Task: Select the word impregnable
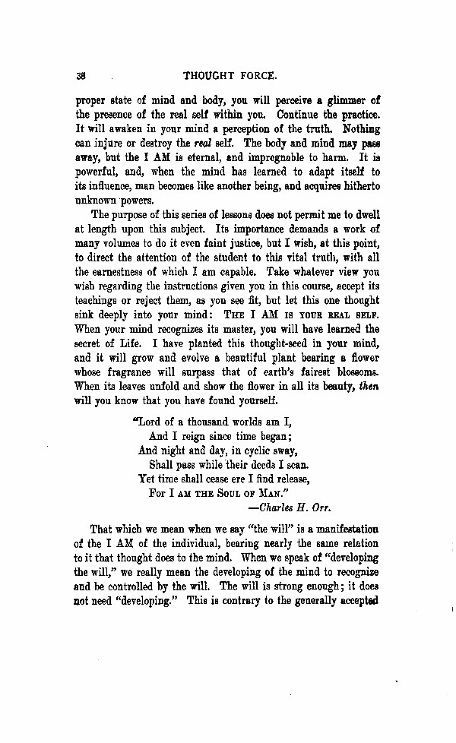(276, 159)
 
